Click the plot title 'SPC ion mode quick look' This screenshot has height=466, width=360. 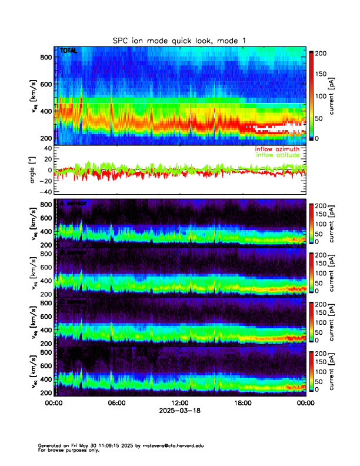(x=180, y=40)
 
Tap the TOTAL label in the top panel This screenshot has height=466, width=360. (x=68, y=51)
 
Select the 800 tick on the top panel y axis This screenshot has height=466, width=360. (x=45, y=57)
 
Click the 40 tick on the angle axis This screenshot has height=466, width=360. (x=48, y=148)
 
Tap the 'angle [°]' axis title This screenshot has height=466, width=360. (x=34, y=169)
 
